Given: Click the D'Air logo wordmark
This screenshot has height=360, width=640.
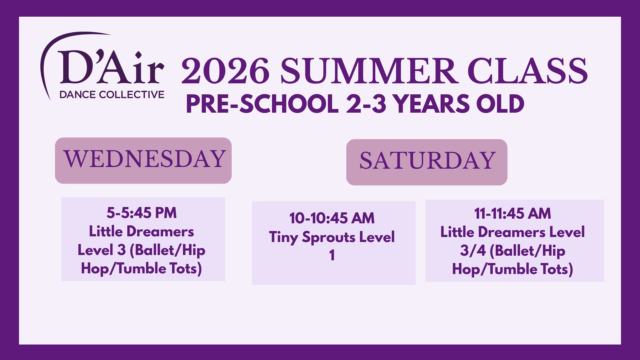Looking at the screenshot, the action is click(x=111, y=67).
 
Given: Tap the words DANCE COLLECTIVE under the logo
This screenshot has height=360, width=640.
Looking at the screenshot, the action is click(x=112, y=95).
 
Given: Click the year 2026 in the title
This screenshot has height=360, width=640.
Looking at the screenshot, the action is click(x=225, y=71).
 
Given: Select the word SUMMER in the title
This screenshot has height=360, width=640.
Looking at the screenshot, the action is click(x=368, y=71).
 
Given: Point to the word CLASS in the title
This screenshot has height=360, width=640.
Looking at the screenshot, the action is click(x=527, y=71).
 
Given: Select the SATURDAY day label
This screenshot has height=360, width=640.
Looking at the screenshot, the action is click(x=427, y=161).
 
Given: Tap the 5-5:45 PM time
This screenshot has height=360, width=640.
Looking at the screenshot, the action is click(x=142, y=213).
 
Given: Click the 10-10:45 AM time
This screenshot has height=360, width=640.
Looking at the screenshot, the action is click(x=332, y=218).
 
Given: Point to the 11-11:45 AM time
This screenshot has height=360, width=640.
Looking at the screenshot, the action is click(x=513, y=213).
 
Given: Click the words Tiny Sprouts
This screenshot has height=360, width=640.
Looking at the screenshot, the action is click(x=312, y=237).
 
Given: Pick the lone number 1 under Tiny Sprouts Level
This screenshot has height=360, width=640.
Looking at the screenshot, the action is click(x=332, y=256).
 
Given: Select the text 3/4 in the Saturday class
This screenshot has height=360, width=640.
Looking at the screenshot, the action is click(x=473, y=251).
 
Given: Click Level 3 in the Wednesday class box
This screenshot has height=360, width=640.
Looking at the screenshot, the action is click(x=102, y=250).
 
